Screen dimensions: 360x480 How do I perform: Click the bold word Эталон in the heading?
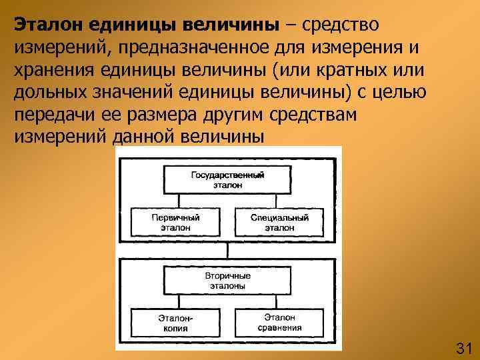[x=45, y=25]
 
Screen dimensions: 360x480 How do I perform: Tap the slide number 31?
[x=463, y=347]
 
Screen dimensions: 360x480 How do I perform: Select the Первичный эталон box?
[x=175, y=222]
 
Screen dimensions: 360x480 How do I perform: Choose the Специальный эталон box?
[x=280, y=222]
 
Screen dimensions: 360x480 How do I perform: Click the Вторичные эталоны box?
[x=227, y=280]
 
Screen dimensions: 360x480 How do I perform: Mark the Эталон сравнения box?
[x=280, y=323]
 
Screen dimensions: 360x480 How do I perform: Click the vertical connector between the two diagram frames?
[x=227, y=249]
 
